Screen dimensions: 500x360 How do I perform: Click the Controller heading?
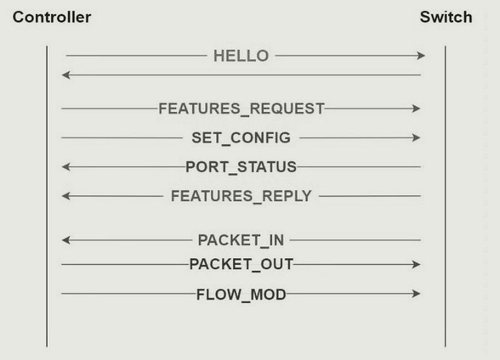pyautogui.click(x=50, y=18)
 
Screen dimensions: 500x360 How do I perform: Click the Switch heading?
pyautogui.click(x=446, y=18)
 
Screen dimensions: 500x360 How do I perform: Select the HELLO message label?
pyautogui.click(x=240, y=56)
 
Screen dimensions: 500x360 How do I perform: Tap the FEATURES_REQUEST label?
pyautogui.click(x=241, y=108)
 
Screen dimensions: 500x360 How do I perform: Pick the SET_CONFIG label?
pyautogui.click(x=240, y=138)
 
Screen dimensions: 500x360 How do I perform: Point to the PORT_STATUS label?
pyautogui.click(x=241, y=167)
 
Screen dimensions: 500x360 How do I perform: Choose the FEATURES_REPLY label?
pyautogui.click(x=241, y=196)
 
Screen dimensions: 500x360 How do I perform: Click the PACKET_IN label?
pyautogui.click(x=241, y=240)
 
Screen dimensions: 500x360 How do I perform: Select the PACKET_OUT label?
pyautogui.click(x=241, y=264)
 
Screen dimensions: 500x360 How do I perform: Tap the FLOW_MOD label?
pyautogui.click(x=241, y=294)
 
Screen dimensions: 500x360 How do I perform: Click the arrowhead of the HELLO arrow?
pyautogui.click(x=421, y=56)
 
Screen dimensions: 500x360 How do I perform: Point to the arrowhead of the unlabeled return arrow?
pyautogui.click(x=66, y=75)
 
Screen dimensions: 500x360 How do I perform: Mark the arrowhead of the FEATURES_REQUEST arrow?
pyautogui.click(x=417, y=108)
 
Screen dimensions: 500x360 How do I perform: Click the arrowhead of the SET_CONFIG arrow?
pyautogui.click(x=417, y=138)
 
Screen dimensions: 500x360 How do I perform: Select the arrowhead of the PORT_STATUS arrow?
pyautogui.click(x=66, y=167)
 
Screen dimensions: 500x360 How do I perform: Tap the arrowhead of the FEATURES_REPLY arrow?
pyautogui.click(x=66, y=196)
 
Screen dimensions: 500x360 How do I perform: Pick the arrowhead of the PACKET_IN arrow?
pyautogui.click(x=66, y=240)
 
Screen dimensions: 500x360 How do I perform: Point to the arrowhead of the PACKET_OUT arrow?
pyautogui.click(x=417, y=264)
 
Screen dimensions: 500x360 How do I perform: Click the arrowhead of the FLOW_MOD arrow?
pyautogui.click(x=417, y=294)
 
